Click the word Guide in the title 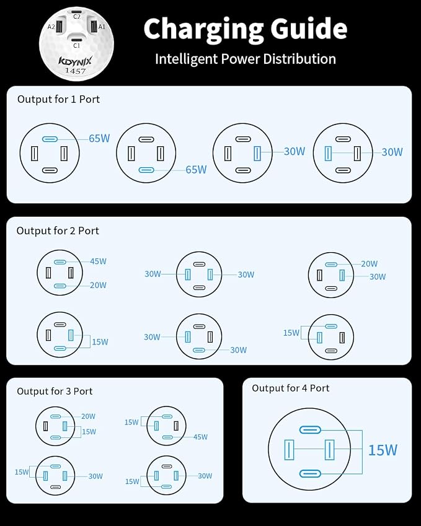[309, 29]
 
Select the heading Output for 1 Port [58, 99]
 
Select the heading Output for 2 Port [58, 231]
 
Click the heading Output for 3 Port [55, 391]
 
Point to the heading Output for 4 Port [290, 388]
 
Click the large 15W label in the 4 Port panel [383, 450]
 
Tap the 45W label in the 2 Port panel [98, 261]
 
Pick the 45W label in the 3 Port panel [200, 437]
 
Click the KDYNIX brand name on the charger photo [75, 61]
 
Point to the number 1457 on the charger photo [75, 71]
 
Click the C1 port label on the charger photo [76, 45]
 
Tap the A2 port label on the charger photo [51, 27]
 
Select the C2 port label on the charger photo [77, 17]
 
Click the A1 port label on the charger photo [102, 27]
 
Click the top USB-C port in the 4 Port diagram [310, 430]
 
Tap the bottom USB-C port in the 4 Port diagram [310, 474]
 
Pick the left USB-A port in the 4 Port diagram [289, 450]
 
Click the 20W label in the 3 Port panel [88, 416]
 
